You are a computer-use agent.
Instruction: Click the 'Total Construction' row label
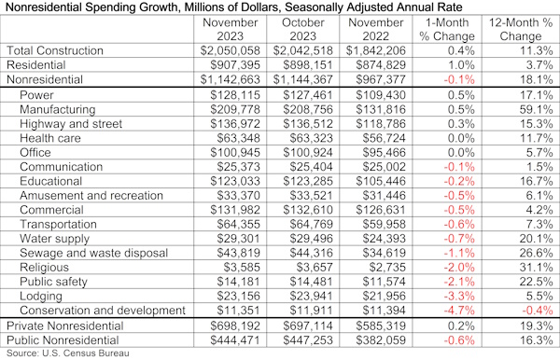click(x=52, y=49)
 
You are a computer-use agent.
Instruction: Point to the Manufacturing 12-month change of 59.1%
click(x=529, y=109)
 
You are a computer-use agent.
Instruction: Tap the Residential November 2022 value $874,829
click(x=366, y=65)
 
